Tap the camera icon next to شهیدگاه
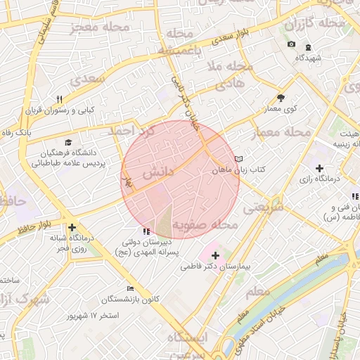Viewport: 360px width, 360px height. [x=292, y=45]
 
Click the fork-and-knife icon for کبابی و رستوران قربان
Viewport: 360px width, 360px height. [x=60, y=99]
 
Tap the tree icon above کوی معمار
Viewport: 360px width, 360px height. [x=281, y=98]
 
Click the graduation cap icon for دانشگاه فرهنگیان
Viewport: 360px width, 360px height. [x=67, y=142]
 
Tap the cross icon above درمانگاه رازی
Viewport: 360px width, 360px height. [x=320, y=168]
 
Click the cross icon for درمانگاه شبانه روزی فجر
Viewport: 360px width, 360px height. [x=72, y=228]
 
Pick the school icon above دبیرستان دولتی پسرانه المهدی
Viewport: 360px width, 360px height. [x=146, y=231]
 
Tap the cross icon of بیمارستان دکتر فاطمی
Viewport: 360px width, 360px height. [x=215, y=255]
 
